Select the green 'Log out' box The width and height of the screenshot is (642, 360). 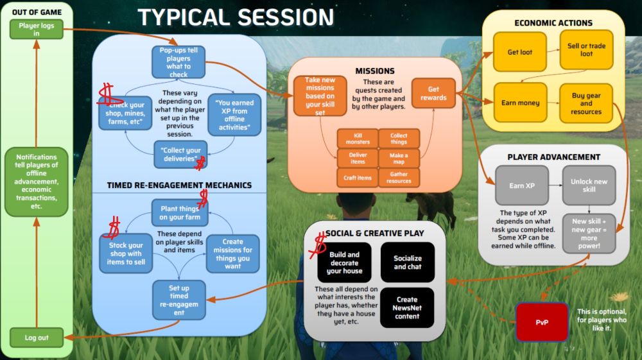tap(37, 338)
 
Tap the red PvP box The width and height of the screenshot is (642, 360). tap(542, 322)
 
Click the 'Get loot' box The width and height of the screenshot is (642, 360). tap(520, 52)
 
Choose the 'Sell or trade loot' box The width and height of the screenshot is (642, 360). tap(587, 50)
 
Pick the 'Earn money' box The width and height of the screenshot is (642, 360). tap(520, 103)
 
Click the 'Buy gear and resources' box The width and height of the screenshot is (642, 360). tap(587, 103)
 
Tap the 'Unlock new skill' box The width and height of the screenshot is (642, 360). tap(589, 185)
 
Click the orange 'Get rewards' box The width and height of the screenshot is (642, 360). tap(433, 94)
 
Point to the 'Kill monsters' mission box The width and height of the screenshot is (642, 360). tap(358, 137)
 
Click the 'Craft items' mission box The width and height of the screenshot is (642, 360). tap(358, 178)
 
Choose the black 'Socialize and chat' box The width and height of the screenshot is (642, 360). tap(408, 262)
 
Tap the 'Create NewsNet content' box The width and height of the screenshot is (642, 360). tap(408, 307)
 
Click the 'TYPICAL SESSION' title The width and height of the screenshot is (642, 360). tap(236, 17)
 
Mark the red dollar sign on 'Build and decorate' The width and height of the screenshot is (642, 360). tap(320, 243)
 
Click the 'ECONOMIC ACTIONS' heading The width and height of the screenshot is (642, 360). tap(553, 23)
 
